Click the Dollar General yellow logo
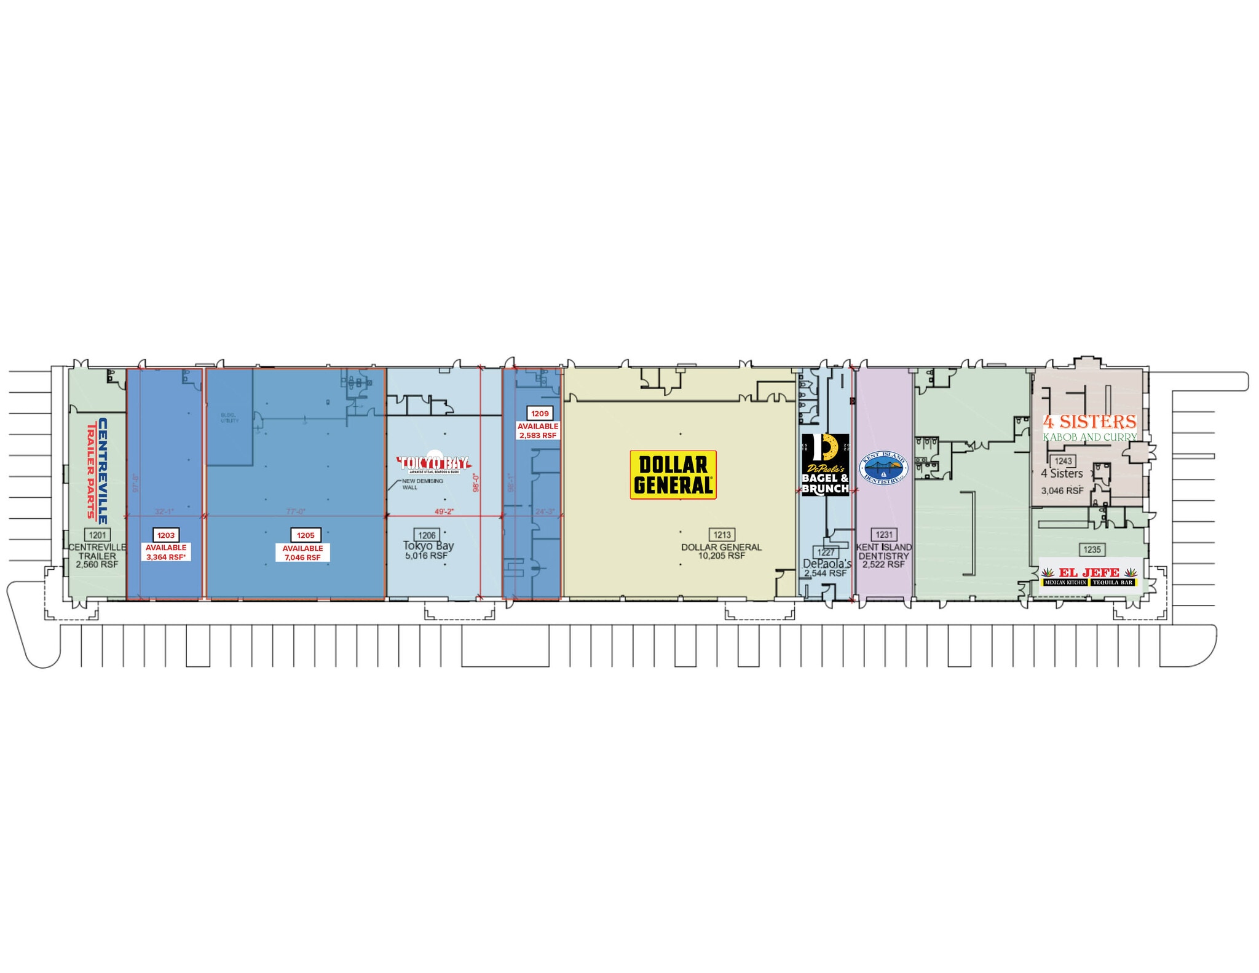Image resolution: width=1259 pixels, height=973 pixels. pyautogui.click(x=673, y=475)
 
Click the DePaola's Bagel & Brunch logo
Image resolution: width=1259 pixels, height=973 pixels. pyautogui.click(x=825, y=465)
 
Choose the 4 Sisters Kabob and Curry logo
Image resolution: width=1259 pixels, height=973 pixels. pyautogui.click(x=1089, y=427)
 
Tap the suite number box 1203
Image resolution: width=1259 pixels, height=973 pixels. pyautogui.click(x=166, y=535)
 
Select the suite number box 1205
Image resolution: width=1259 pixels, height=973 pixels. pyautogui.click(x=306, y=535)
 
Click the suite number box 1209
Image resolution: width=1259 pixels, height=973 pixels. pyautogui.click(x=540, y=414)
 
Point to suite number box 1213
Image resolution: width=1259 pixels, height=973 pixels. pyautogui.click(x=722, y=535)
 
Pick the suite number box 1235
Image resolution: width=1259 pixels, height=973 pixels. pyautogui.click(x=1092, y=550)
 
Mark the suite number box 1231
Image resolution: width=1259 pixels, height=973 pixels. pyautogui.click(x=884, y=535)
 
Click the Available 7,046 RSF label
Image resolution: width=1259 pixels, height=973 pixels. pyautogui.click(x=302, y=553)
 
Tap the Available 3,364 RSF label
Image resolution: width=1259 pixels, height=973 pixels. pyautogui.click(x=166, y=552)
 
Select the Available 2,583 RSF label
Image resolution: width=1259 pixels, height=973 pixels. pyautogui.click(x=538, y=430)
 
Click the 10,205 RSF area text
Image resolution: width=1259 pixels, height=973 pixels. pyautogui.click(x=722, y=556)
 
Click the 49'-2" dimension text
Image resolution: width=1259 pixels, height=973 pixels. pyautogui.click(x=444, y=511)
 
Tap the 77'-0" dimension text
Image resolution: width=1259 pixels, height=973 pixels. pyautogui.click(x=296, y=511)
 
